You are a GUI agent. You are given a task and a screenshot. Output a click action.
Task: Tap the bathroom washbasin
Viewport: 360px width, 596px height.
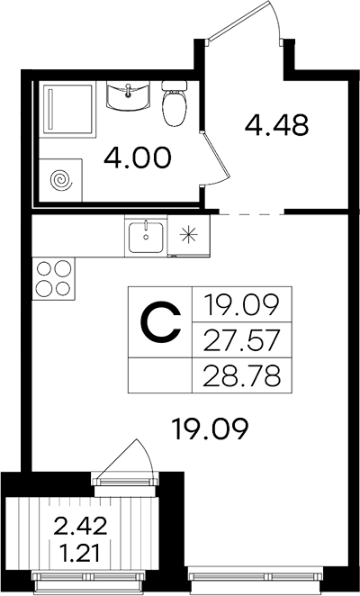pos(127,97)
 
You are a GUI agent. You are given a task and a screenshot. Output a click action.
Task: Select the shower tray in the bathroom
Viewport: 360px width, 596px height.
pos(68,109)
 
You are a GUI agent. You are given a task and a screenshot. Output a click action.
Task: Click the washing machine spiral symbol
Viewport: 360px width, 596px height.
pos(62,180)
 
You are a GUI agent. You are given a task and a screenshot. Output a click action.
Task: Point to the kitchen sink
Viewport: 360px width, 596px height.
pos(146,237)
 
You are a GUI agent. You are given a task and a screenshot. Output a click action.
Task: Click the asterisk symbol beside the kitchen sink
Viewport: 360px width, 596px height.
pos(189,236)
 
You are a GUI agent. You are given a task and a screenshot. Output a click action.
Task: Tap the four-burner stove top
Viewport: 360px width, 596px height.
pos(54,278)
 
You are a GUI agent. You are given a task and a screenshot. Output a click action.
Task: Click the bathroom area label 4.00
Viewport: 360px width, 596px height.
pos(138,158)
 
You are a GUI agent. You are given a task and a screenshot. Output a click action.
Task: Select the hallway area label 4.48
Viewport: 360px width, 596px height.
pos(276,125)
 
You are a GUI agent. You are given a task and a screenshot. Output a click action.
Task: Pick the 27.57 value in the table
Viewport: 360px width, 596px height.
pos(242,340)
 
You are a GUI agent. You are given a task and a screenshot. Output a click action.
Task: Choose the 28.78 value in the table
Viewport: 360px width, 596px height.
pos(242,375)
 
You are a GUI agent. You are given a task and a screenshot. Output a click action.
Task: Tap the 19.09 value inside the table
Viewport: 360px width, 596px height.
pos(242,305)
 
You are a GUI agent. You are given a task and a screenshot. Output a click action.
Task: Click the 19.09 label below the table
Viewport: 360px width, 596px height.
pos(210,429)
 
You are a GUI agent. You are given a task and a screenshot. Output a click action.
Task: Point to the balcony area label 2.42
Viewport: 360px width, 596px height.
pos(81,528)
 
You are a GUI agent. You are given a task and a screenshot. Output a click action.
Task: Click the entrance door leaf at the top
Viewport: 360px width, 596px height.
pos(238,20)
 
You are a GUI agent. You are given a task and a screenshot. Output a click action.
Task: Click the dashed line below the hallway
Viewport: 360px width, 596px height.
pos(252,215)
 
